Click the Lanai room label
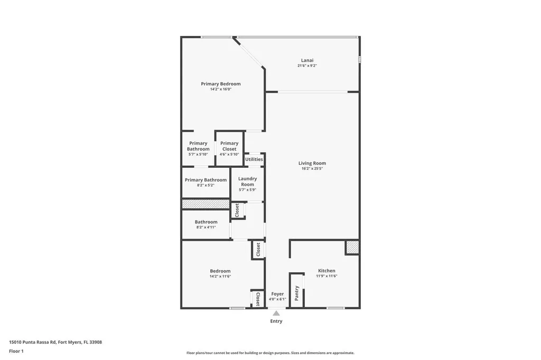[307, 60]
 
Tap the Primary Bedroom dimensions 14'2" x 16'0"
[221, 89]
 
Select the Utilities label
[254, 159]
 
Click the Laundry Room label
[247, 182]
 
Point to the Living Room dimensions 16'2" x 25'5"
[312, 169]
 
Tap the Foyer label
[277, 294]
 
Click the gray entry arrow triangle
[276, 313]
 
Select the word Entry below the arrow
[276, 321]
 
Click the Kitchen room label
[327, 271]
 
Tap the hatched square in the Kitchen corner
[352, 247]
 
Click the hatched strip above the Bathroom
[206, 204]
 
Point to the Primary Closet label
[229, 146]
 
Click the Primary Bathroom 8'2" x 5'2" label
[206, 180]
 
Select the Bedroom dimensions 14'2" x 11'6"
[220, 277]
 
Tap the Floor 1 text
[16, 350]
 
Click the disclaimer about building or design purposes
[270, 353]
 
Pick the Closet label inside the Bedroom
[258, 300]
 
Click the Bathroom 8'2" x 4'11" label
[206, 222]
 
